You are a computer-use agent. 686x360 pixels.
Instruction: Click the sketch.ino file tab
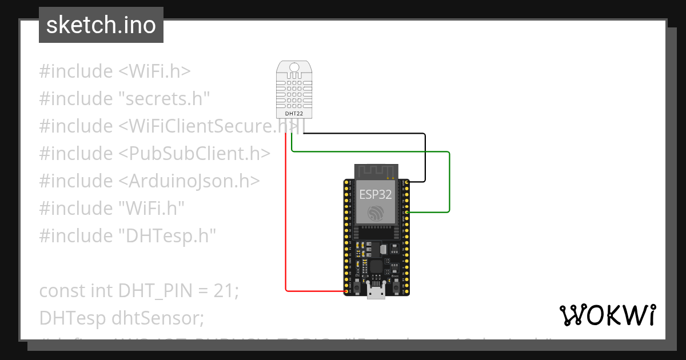pos(101,25)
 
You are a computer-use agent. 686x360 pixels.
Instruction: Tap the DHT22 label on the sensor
pos(294,113)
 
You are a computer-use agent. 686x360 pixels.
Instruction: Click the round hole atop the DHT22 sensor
pos(294,67)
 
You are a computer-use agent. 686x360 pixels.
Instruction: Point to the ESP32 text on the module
pos(376,194)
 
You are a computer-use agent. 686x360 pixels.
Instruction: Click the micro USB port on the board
pos(376,292)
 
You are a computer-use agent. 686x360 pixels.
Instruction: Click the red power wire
pos(286,229)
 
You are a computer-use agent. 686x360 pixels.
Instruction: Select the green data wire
pos(449,183)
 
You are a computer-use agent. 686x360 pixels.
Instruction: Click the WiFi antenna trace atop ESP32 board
pos(376,171)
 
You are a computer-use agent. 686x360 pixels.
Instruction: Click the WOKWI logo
pos(607,315)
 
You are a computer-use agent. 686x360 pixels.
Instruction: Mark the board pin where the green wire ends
pos(406,212)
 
